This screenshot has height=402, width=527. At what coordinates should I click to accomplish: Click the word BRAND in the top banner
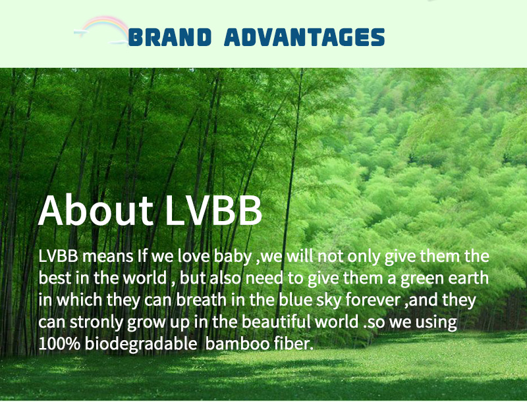tap(170, 37)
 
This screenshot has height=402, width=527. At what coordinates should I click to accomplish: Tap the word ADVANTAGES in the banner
tap(304, 37)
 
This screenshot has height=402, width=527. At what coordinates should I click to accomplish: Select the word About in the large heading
tap(96, 210)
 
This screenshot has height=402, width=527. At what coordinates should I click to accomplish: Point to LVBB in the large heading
tap(213, 210)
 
